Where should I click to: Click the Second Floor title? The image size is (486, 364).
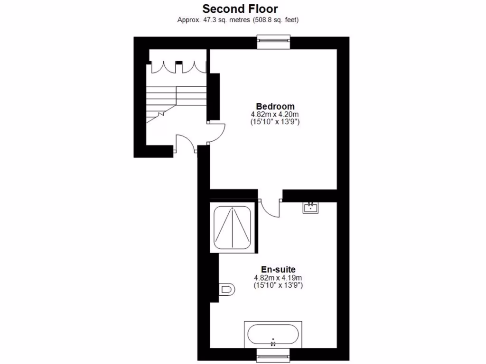click(x=240, y=9)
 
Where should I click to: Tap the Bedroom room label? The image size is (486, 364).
click(x=275, y=106)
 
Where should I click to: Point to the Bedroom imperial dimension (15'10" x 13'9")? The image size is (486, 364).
click(x=275, y=122)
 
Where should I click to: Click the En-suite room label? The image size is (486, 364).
click(x=278, y=269)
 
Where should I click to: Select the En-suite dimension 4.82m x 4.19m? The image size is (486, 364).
click(x=278, y=278)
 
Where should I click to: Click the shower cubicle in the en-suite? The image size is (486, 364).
click(x=233, y=227)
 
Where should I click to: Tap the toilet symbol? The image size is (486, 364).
click(x=227, y=289)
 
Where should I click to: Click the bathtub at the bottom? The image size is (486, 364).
click(x=273, y=335)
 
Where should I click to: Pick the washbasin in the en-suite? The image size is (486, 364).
click(x=311, y=208)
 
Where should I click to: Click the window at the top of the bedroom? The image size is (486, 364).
click(x=274, y=42)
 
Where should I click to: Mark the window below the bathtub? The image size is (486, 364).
click(x=273, y=355)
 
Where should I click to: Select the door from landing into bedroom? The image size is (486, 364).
click(x=216, y=130)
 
